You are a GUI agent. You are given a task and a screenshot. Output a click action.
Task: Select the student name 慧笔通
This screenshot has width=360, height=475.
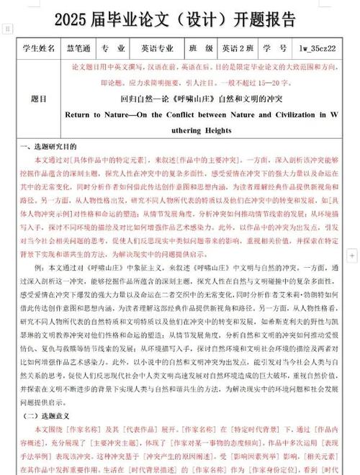pos(89,49)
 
